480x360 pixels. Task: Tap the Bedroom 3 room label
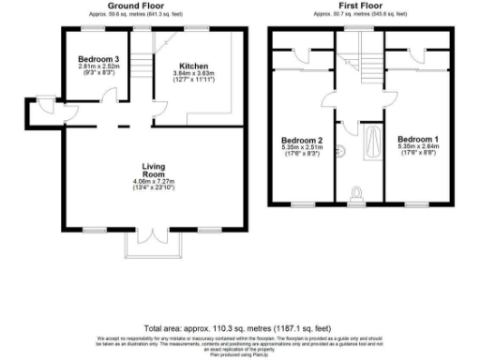click(x=98, y=59)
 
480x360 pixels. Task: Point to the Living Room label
click(x=154, y=171)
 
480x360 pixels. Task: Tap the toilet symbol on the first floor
click(x=359, y=193)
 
